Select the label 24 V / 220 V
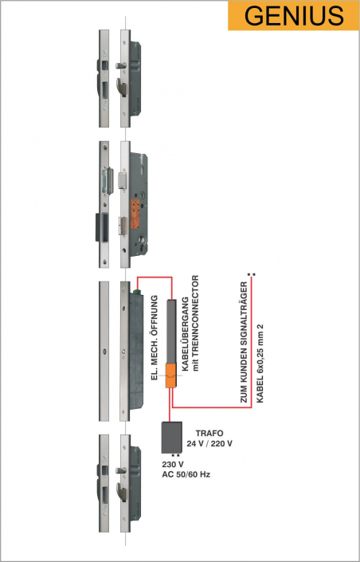click(x=209, y=444)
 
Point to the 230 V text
click(x=173, y=465)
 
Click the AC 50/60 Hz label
click(x=186, y=474)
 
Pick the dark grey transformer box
click(x=171, y=438)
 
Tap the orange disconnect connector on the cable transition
click(x=171, y=375)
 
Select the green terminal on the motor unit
click(x=136, y=292)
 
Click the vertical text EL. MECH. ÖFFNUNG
click(x=155, y=338)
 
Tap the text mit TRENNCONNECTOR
click(x=195, y=323)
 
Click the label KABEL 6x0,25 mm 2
click(x=260, y=363)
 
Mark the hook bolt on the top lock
click(x=122, y=87)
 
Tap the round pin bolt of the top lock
click(x=120, y=65)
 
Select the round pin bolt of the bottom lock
click(x=120, y=470)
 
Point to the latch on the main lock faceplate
click(x=123, y=179)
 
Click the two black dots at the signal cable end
click(x=252, y=274)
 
